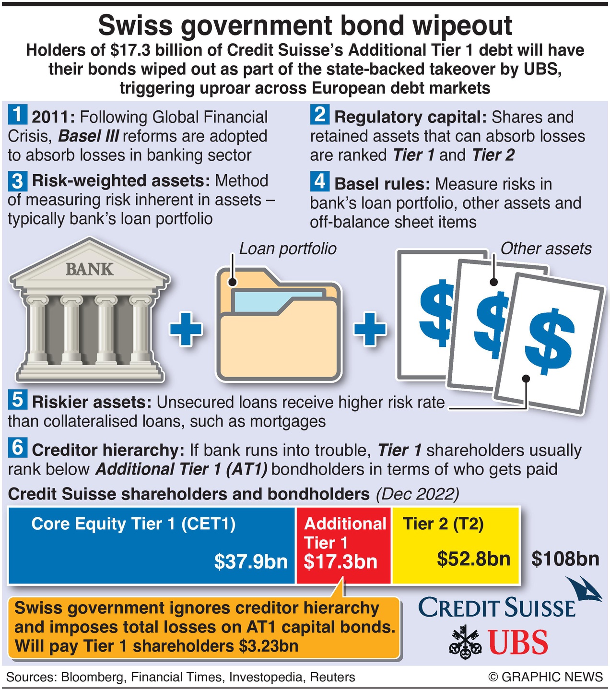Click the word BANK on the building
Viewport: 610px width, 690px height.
click(x=89, y=269)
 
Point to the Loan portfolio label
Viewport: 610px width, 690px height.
click(x=288, y=249)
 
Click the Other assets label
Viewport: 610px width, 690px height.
click(x=546, y=249)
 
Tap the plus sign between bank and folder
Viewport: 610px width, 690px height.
click(x=186, y=329)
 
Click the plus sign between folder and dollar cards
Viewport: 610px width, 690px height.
click(x=370, y=329)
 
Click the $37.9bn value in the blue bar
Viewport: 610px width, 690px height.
click(x=251, y=561)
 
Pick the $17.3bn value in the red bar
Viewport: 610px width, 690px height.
click(x=340, y=561)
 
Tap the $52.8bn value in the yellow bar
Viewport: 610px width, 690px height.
click(x=473, y=559)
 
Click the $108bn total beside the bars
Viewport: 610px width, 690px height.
click(x=565, y=559)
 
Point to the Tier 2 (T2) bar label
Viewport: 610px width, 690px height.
click(x=443, y=524)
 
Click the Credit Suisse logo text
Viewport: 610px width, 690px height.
click(x=497, y=608)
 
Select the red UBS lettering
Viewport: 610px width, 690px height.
click(x=518, y=642)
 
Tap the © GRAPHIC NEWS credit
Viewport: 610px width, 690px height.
click(x=545, y=677)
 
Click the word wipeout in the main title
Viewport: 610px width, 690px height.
click(x=462, y=26)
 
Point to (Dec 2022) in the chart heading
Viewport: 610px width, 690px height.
click(x=417, y=494)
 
